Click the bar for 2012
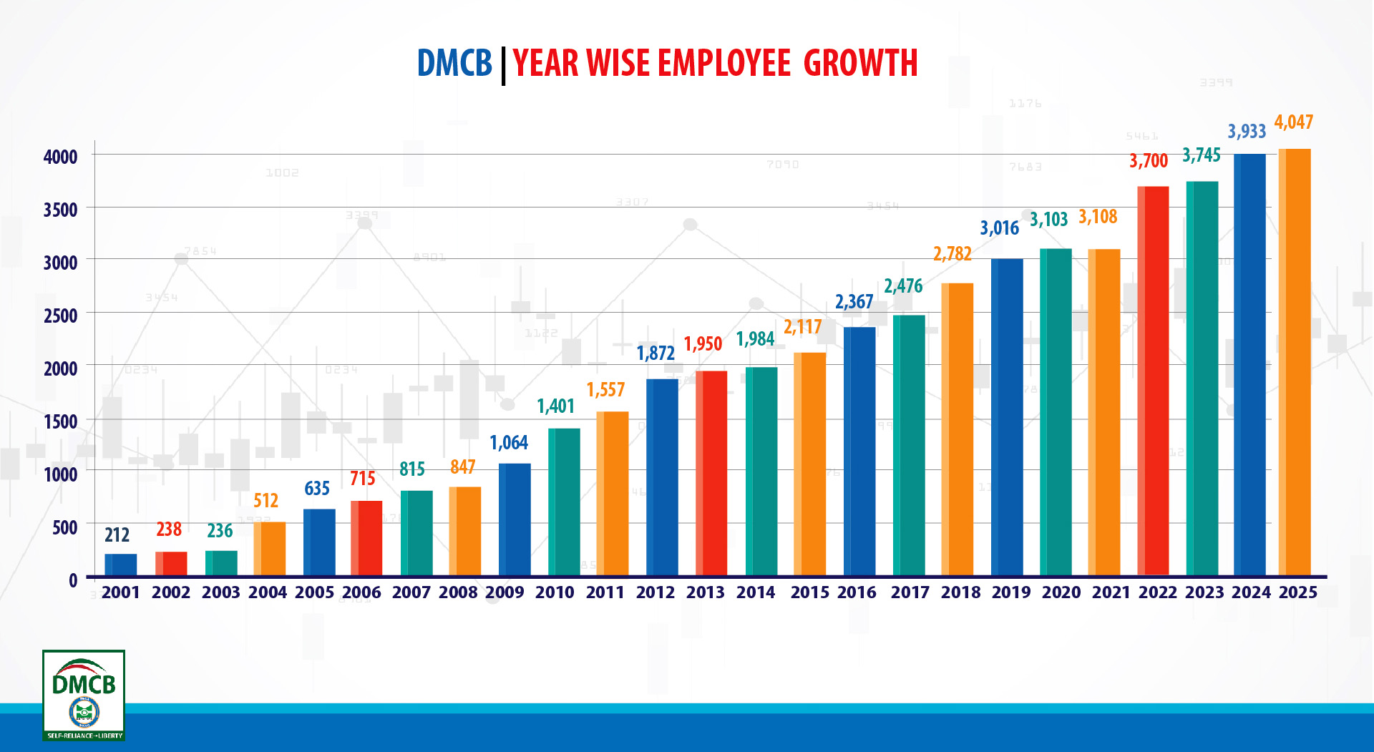[662, 477]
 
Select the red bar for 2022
[1153, 381]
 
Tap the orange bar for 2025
[1295, 362]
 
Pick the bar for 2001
[120, 565]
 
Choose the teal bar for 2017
[909, 445]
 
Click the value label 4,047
[1293, 122]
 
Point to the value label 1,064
[509, 443]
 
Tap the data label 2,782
[952, 254]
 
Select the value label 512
[265, 501]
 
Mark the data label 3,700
[1148, 161]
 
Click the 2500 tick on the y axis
[61, 316]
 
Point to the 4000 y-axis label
[61, 157]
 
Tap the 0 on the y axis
[73, 580]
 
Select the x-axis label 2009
[505, 592]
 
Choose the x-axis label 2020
[1061, 592]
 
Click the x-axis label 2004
[268, 592]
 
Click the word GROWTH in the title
[860, 63]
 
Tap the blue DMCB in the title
[454, 63]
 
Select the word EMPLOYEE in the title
[724, 63]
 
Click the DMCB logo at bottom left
[84, 695]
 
